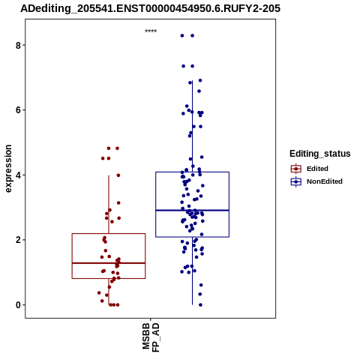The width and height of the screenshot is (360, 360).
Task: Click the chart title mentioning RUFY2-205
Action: pyautogui.click(x=150, y=9)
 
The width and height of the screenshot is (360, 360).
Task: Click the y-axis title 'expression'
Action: pyautogui.click(x=8, y=169)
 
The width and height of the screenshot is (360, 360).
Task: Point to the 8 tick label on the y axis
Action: pyautogui.click(x=18, y=45)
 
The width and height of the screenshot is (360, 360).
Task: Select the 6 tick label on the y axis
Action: pyautogui.click(x=18, y=110)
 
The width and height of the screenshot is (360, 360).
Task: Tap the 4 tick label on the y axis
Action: pyautogui.click(x=18, y=175)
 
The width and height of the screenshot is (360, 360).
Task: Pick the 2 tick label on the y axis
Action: pyautogui.click(x=18, y=240)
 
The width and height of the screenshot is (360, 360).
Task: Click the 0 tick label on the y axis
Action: pyautogui.click(x=18, y=305)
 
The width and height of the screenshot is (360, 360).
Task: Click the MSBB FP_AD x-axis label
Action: pyautogui.click(x=151, y=337)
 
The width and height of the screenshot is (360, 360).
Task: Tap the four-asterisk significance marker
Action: pyautogui.click(x=151, y=31)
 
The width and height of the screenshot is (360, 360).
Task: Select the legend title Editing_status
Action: pyautogui.click(x=320, y=154)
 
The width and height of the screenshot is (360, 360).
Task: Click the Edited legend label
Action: pyautogui.click(x=317, y=169)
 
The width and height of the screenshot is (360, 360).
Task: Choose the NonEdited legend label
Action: pyautogui.click(x=325, y=181)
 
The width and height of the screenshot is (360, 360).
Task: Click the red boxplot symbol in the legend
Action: pyautogui.click(x=296, y=169)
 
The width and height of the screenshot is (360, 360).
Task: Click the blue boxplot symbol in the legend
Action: pyautogui.click(x=296, y=181)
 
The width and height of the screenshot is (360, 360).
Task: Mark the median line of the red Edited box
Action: pyautogui.click(x=109, y=263)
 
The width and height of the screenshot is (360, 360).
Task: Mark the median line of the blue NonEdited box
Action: pyautogui.click(x=192, y=210)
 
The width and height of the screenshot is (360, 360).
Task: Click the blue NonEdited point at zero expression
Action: pyautogui.click(x=200, y=304)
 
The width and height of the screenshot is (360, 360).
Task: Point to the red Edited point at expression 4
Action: pyautogui.click(x=118, y=175)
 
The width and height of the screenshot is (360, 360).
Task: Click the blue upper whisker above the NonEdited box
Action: pyautogui.click(x=192, y=126)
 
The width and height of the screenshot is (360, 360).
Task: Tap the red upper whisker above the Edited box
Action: pyautogui.click(x=109, y=205)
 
